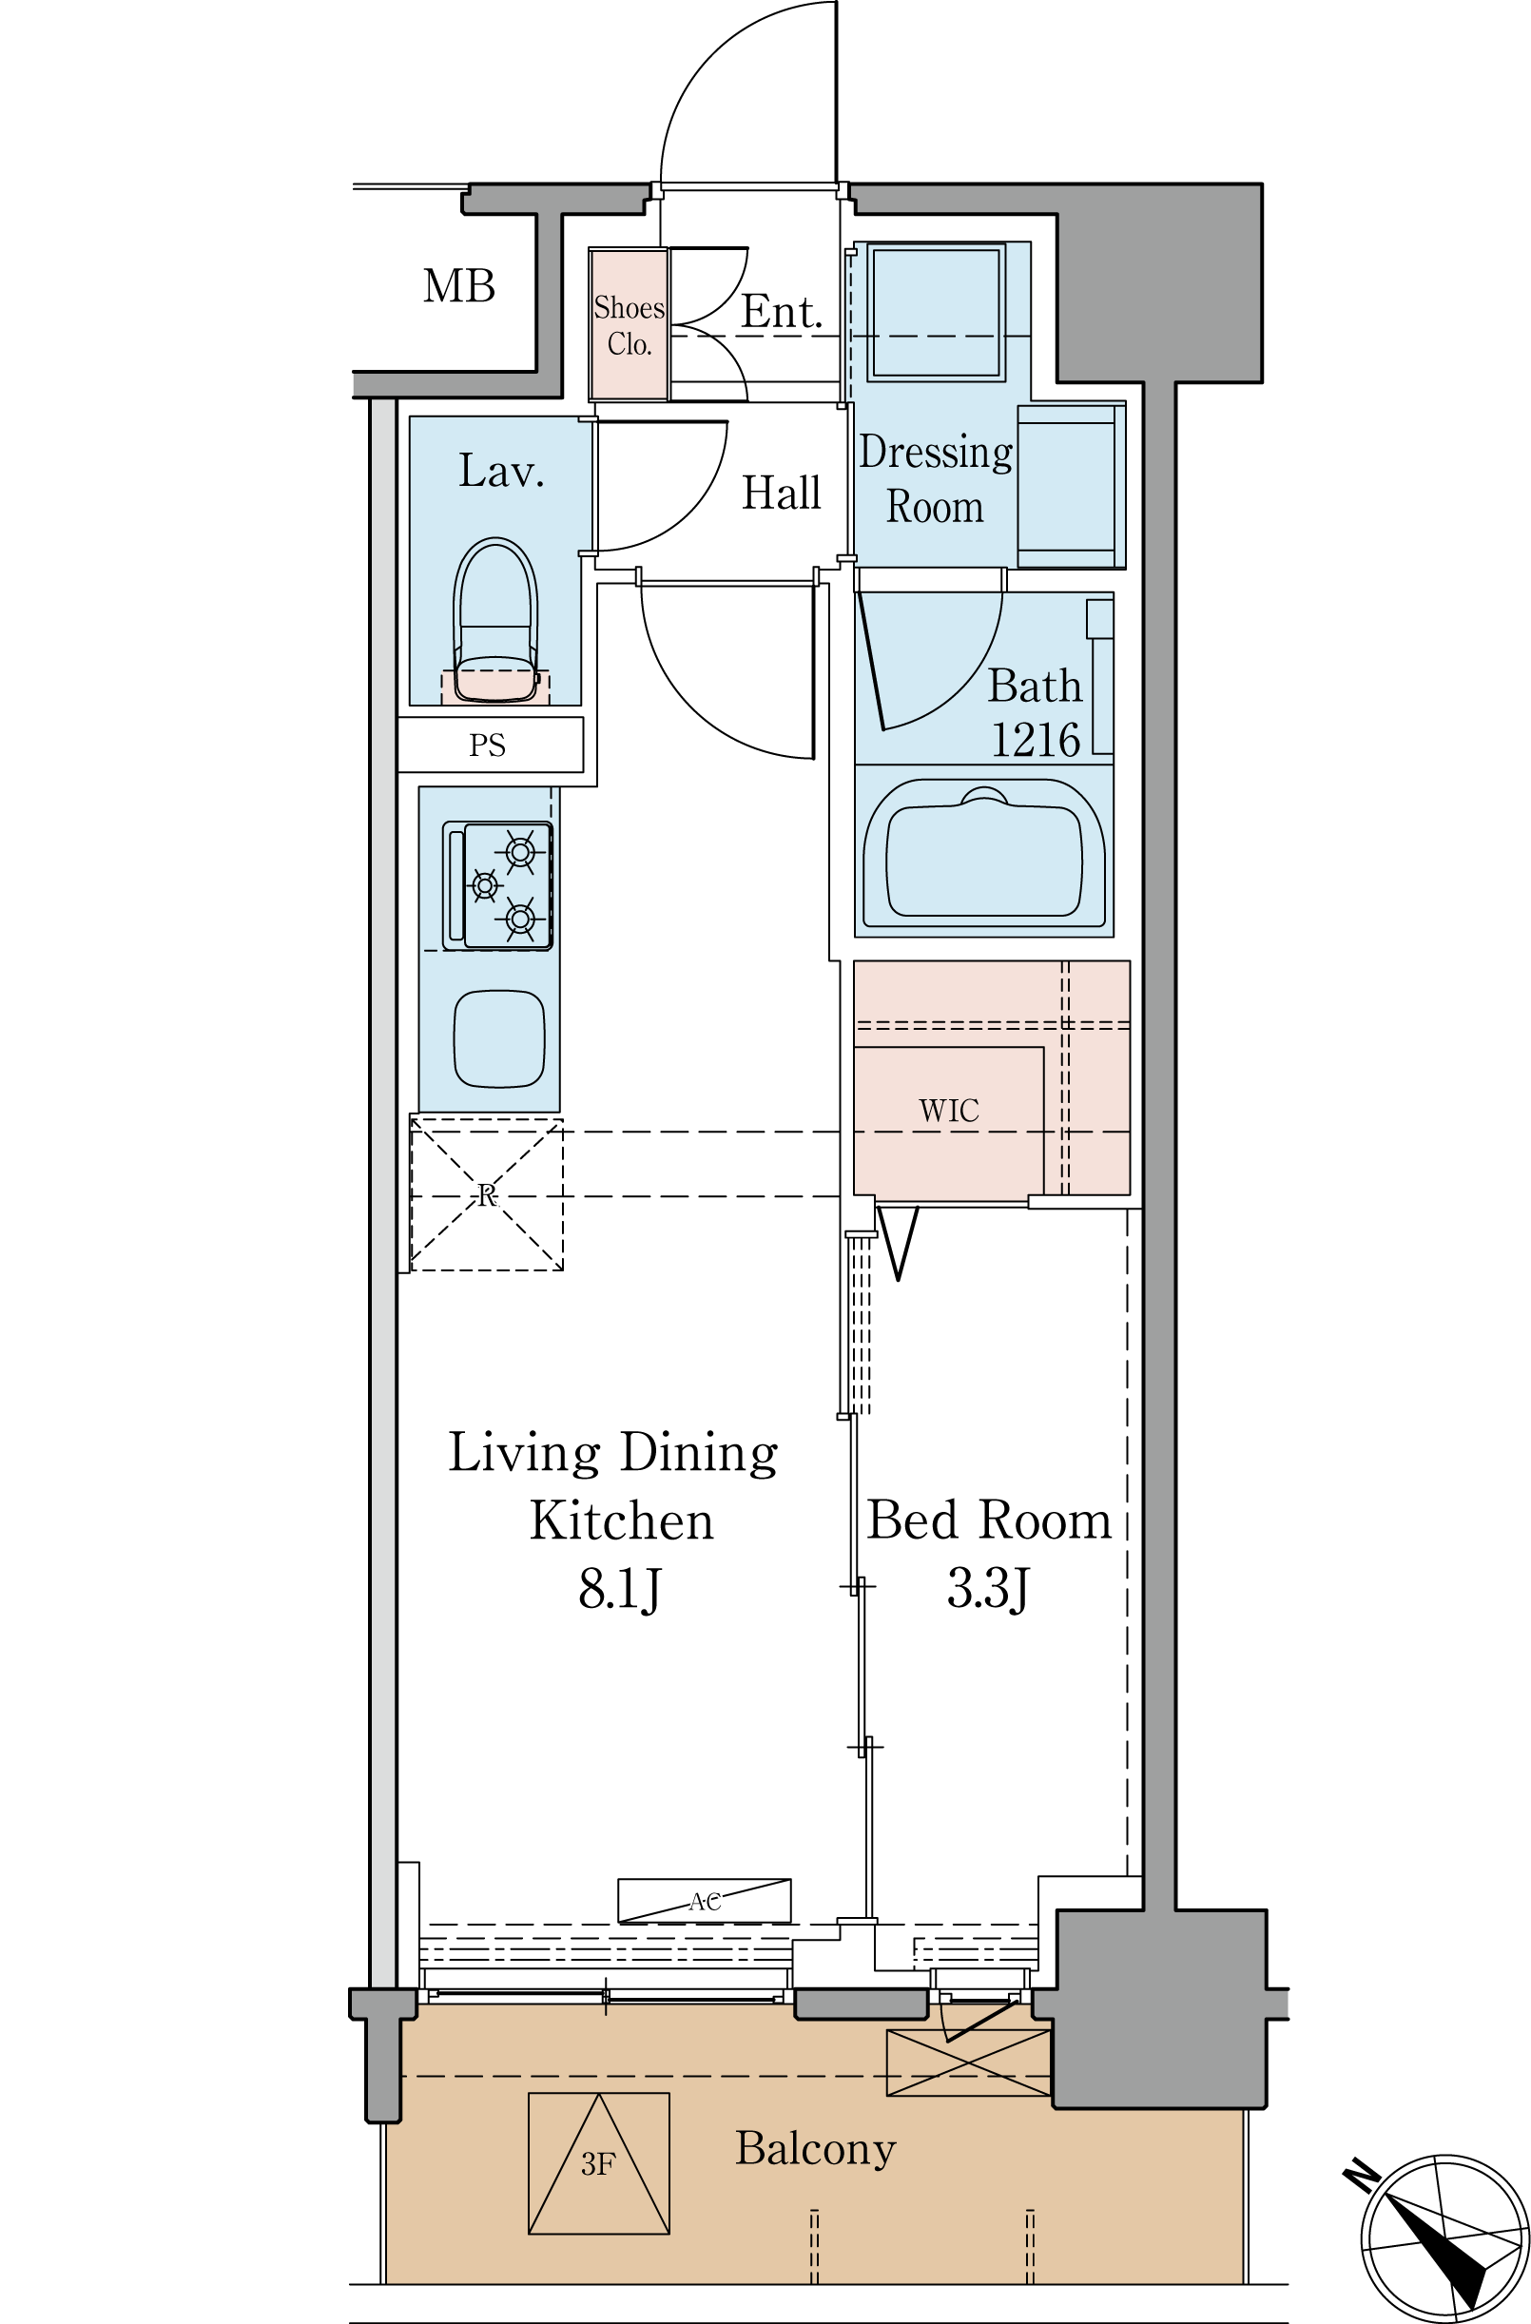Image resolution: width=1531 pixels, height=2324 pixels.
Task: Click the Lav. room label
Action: [501, 472]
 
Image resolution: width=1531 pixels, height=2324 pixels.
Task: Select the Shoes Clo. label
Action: [629, 325]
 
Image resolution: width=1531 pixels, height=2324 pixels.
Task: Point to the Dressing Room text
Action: [935, 479]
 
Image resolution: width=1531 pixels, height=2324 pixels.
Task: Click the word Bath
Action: [1034, 687]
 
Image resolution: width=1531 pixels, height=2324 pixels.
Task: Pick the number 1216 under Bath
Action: [1035, 739]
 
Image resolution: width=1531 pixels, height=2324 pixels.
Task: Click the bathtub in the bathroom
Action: [984, 854]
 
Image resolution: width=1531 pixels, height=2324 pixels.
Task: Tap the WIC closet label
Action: [948, 1111]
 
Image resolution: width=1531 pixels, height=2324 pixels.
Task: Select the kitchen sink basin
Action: [499, 1039]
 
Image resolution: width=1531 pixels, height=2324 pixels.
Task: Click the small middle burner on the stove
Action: [485, 885]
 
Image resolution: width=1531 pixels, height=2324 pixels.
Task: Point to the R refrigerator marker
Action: [486, 1195]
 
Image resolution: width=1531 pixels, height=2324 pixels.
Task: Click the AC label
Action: [705, 1901]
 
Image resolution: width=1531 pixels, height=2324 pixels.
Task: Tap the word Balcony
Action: [815, 2149]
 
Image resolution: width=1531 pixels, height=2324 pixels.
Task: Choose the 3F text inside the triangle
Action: [597, 2166]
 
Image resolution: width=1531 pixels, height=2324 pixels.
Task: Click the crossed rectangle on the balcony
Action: [968, 2063]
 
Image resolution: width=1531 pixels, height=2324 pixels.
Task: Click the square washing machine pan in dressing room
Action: [937, 313]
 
